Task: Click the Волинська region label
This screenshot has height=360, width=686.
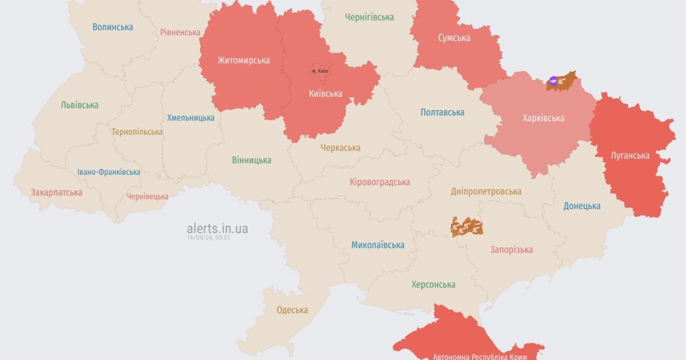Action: coord(113,27)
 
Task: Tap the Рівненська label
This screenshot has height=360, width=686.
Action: coord(180,32)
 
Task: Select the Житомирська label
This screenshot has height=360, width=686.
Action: coord(244,60)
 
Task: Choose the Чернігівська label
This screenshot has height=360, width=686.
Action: coord(369,17)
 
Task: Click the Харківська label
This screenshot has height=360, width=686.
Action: coord(543,118)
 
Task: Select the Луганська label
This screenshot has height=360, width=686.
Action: coord(629,155)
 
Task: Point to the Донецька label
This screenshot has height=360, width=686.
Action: coord(582,206)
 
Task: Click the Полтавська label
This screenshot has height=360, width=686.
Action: coord(442,112)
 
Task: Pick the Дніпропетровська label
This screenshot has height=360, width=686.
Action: coord(486,191)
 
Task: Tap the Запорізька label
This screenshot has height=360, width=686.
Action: coord(511,249)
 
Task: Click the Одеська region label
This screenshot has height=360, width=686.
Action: coord(292,310)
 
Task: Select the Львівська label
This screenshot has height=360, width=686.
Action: coord(79,105)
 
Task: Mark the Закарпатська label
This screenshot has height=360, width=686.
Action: coord(57,192)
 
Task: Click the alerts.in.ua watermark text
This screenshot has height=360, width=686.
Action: coord(217,229)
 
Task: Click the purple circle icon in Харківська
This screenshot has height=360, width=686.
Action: coord(553,81)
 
